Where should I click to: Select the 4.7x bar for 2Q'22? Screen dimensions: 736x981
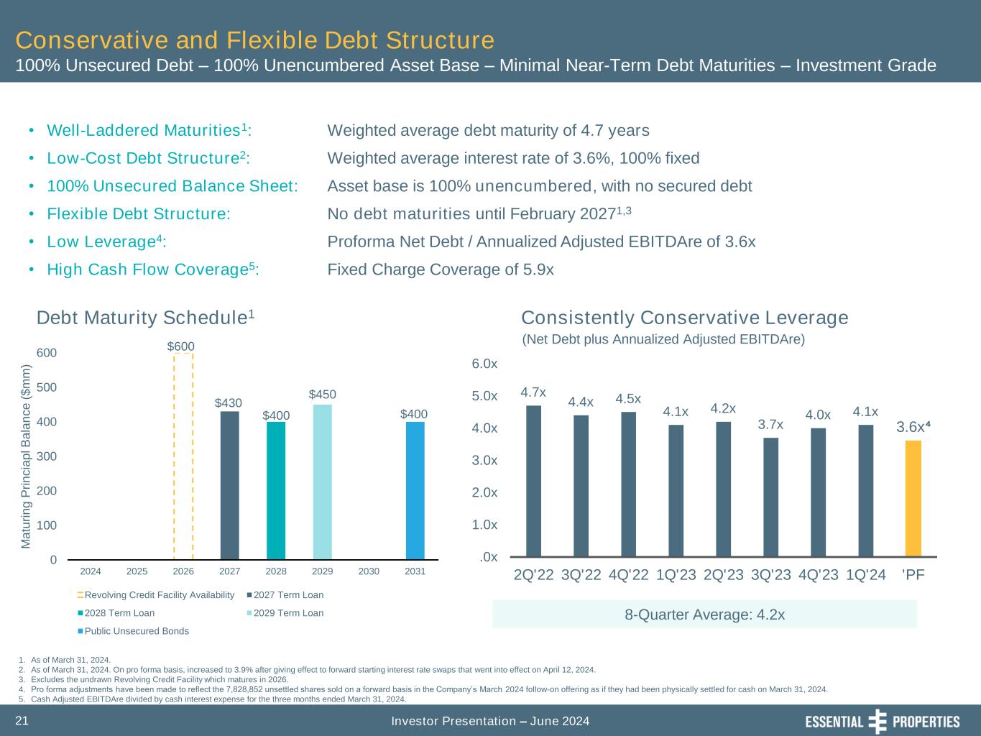point(533,481)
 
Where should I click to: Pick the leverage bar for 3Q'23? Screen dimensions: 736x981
point(770,497)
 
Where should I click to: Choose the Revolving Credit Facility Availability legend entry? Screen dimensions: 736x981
point(157,595)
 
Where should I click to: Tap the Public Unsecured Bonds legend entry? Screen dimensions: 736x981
point(134,631)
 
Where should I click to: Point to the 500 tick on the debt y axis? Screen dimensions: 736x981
point(47,387)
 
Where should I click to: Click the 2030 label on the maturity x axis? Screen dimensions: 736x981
point(369,571)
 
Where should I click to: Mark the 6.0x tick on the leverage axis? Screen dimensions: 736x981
point(484,364)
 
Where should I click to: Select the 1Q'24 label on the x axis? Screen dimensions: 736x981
point(866,575)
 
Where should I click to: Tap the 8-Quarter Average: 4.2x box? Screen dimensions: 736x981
point(704,615)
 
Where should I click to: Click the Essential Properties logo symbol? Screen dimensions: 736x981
point(878,722)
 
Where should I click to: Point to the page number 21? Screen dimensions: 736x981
point(22,721)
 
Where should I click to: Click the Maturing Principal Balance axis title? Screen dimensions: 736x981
point(27,456)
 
